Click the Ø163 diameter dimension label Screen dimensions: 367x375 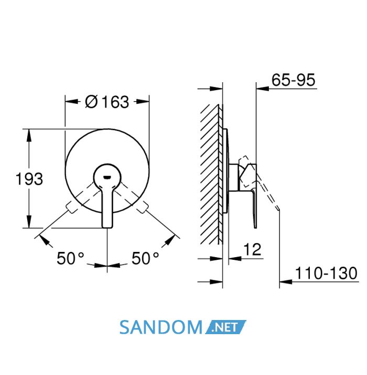[107, 102]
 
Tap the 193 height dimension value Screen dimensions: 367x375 [29, 179]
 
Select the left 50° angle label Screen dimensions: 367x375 [70, 258]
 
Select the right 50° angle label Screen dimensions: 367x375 [145, 258]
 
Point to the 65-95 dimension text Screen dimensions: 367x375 [293, 80]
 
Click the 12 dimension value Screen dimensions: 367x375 [252, 249]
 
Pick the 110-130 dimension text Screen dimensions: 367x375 [326, 273]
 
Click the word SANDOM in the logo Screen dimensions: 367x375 [161, 327]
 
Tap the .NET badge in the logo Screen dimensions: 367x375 [225, 327]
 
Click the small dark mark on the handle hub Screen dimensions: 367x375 [107, 178]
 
